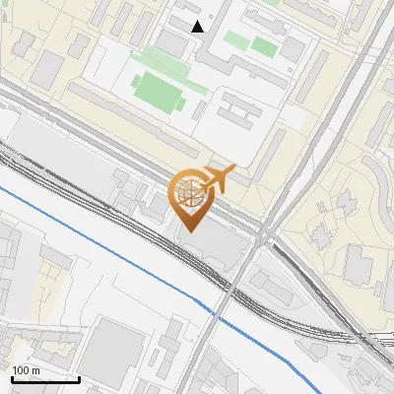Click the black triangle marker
pyautogui.click(x=198, y=27)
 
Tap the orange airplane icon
pyautogui.click(x=219, y=179)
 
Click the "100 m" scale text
pyautogui.click(x=27, y=370)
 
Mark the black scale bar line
pyautogui.click(x=45, y=379)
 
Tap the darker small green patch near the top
pyautogui.click(x=263, y=45)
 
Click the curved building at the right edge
pyautogui.click(x=379, y=177)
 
